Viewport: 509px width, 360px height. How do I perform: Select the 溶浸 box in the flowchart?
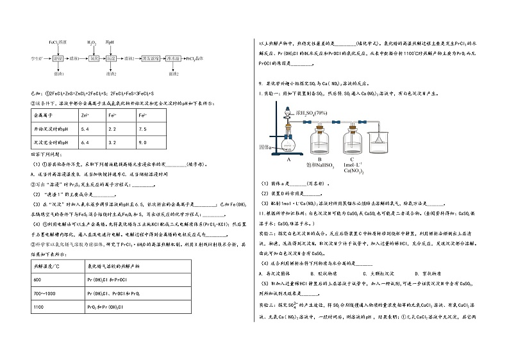58,58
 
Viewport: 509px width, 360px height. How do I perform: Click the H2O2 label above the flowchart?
92,42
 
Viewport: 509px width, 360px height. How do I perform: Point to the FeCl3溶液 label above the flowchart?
58,42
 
